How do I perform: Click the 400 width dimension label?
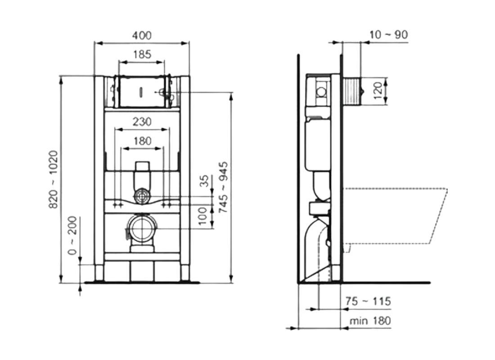coord(142,35)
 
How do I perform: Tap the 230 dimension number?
coord(142,121)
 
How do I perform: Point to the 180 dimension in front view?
coord(142,141)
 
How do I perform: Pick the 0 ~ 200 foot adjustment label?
coord(72,236)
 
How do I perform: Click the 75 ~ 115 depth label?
coord(368,301)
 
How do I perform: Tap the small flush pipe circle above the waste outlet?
coord(142,196)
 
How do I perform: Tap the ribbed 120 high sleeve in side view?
coord(352,92)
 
